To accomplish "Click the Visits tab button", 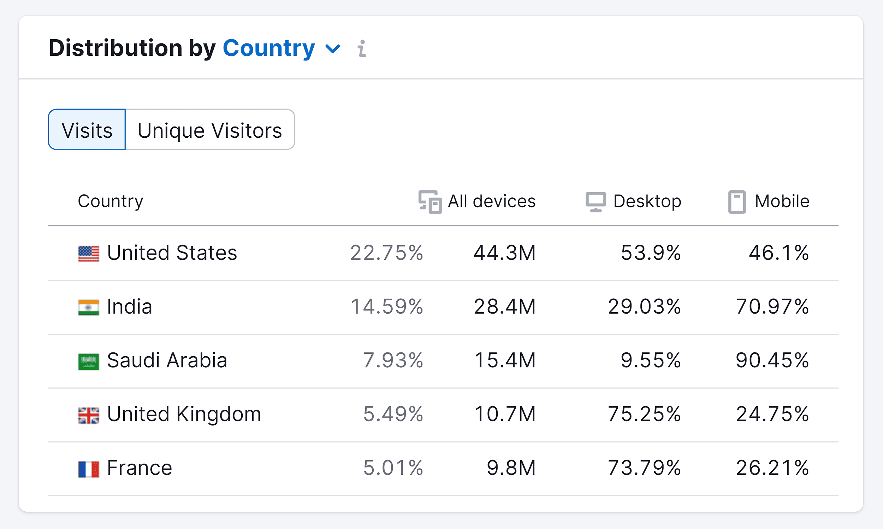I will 87,130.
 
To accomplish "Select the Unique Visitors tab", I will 210,130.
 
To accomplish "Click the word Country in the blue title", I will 269,48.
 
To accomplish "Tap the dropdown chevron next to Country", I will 333,48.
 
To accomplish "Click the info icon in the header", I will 362,48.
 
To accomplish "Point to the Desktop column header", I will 634,201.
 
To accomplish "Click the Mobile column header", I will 769,201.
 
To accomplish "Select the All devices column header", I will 477,201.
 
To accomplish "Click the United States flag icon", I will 88,254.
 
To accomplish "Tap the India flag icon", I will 88,307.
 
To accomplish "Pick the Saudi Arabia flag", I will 88,362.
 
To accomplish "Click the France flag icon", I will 88,469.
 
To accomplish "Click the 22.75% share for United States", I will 386,253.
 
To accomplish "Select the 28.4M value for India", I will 504,307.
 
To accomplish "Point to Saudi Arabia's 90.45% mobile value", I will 772,361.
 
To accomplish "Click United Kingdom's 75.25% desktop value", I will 644,414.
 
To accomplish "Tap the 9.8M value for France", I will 511,468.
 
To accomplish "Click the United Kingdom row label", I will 184,414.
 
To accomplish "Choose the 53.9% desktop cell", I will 651,253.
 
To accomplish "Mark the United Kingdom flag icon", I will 88,415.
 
